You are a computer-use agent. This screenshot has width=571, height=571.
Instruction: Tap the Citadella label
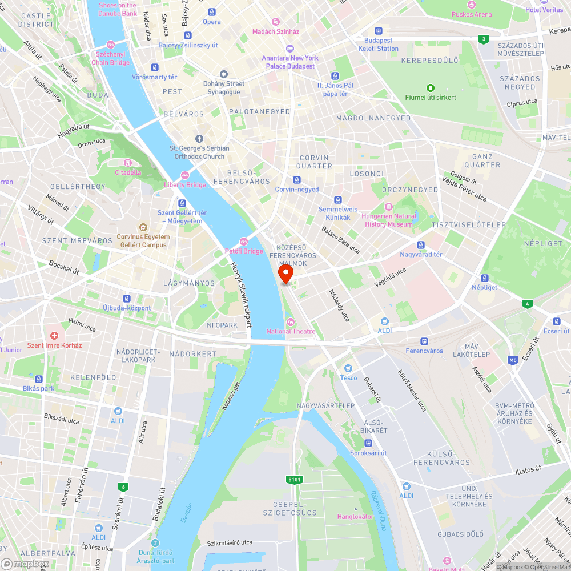[x=128, y=172]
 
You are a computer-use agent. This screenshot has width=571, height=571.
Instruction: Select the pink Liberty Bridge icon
[x=184, y=175]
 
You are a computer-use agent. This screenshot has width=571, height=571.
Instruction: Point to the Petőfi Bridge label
[x=244, y=251]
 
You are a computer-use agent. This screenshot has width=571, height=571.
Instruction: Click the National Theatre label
[x=291, y=331]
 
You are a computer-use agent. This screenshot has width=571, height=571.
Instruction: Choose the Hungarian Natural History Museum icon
[x=388, y=207]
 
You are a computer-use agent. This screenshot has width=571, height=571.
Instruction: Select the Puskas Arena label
[x=471, y=14]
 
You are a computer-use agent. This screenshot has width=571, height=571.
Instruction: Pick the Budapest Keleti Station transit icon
[x=378, y=31]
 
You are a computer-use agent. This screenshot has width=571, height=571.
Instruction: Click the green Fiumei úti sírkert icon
[x=431, y=88]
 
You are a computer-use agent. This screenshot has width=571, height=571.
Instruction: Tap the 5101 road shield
[x=295, y=480]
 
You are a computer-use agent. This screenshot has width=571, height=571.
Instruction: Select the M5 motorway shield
[x=513, y=360]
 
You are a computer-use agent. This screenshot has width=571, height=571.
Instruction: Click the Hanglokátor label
[x=355, y=517]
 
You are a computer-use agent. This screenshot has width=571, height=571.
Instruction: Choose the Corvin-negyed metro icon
[x=296, y=179]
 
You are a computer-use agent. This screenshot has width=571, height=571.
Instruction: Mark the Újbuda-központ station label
[x=127, y=308]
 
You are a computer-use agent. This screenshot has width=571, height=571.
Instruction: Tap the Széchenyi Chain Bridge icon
[x=111, y=44]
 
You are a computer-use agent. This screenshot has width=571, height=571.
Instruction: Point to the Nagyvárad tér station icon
[x=421, y=244]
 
